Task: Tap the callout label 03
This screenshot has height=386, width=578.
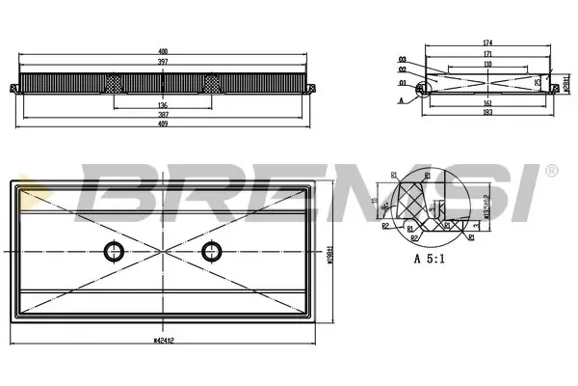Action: tap(401, 60)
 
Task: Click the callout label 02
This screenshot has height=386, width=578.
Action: tap(401, 69)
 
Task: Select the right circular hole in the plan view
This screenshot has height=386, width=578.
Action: tap(211, 253)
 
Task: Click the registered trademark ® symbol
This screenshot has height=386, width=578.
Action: tap(551, 172)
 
